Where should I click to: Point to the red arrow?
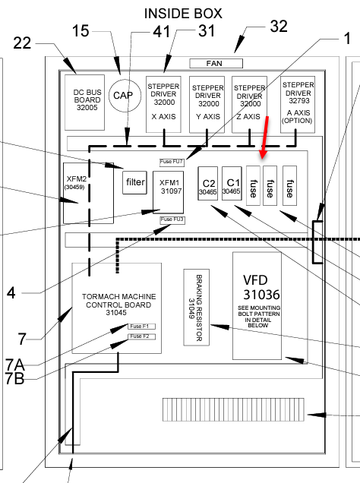coord(265,137)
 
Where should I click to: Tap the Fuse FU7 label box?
coord(172,163)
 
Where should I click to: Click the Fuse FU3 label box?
coord(172,220)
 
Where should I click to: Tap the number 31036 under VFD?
coord(261,295)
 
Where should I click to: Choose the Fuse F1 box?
coord(142,327)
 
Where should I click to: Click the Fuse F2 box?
coord(142,336)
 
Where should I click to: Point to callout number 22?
coord(22,43)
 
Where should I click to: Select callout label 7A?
coord(14,365)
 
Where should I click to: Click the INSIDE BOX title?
coord(183,14)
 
